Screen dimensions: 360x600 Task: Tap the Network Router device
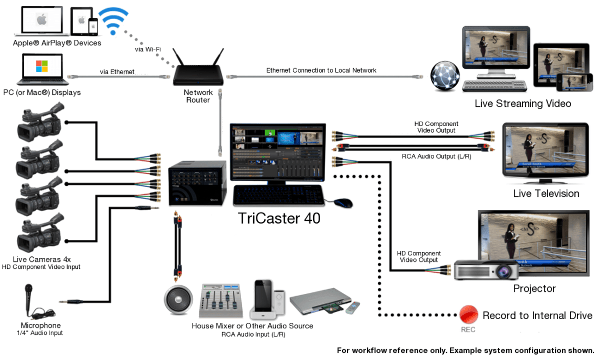(198, 71)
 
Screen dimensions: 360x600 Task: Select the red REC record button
(468, 315)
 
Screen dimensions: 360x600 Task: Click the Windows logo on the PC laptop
(42, 67)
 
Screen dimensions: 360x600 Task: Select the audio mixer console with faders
(220, 301)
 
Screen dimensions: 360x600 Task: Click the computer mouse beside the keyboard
(343, 202)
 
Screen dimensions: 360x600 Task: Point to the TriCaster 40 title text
(279, 218)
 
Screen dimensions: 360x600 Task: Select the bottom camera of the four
(38, 235)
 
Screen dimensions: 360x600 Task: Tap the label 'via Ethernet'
(117, 71)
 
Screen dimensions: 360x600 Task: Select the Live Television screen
(545, 151)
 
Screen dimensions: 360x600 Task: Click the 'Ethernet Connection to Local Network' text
(321, 70)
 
